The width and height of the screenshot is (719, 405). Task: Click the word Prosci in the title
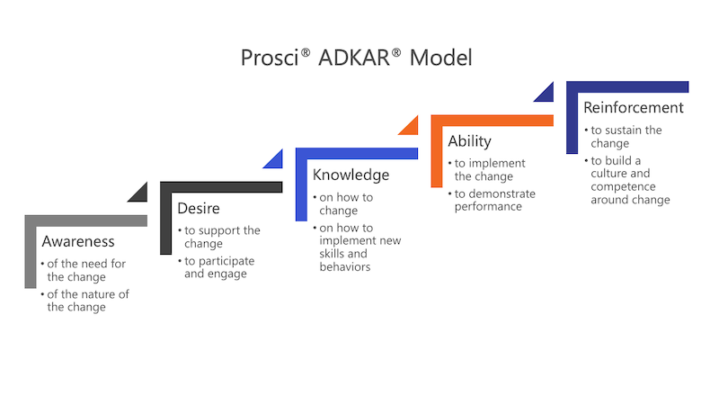click(270, 58)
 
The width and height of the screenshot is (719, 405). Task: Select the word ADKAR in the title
click(353, 58)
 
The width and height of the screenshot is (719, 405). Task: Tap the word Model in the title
click(440, 58)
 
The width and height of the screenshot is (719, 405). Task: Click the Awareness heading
click(78, 241)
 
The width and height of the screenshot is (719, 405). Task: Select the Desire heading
click(199, 209)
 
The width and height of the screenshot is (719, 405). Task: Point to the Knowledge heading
click(351, 175)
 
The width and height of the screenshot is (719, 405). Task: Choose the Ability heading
click(469, 141)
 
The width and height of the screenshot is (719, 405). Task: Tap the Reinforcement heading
click(634, 107)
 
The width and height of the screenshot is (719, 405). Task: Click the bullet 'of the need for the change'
click(83, 270)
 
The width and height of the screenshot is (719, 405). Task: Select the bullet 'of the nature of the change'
click(84, 301)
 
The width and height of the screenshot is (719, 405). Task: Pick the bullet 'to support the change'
click(219, 237)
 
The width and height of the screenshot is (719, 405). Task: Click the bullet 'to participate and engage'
click(216, 267)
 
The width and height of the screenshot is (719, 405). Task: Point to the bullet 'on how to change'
click(343, 203)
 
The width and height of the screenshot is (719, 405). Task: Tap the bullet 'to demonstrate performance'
click(492, 200)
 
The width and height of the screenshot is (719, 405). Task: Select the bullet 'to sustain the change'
click(623, 137)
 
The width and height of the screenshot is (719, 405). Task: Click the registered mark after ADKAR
click(396, 54)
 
